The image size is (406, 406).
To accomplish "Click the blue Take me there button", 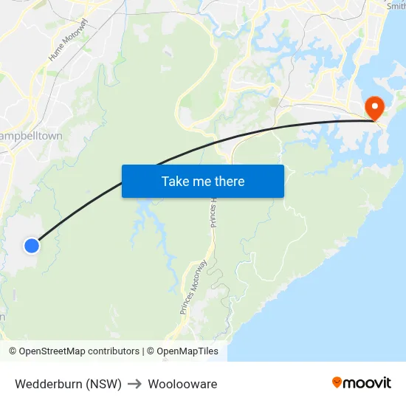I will pos(202,181).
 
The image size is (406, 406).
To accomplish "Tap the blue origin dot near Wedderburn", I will pos(31,246).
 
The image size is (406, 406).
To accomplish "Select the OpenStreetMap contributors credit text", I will pos(79,351).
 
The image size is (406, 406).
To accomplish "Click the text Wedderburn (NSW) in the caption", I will pos(68,384).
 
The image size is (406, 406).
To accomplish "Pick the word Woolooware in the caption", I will pos(182,384).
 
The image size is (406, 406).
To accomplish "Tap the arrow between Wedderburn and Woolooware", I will pos(134,384).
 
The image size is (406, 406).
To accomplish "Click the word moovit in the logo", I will pos(368,383).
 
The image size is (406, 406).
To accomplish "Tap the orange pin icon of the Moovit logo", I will pos(337,382).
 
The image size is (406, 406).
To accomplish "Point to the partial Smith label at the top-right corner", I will pos(396,6).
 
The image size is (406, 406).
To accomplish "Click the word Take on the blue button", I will pos(175,181).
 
